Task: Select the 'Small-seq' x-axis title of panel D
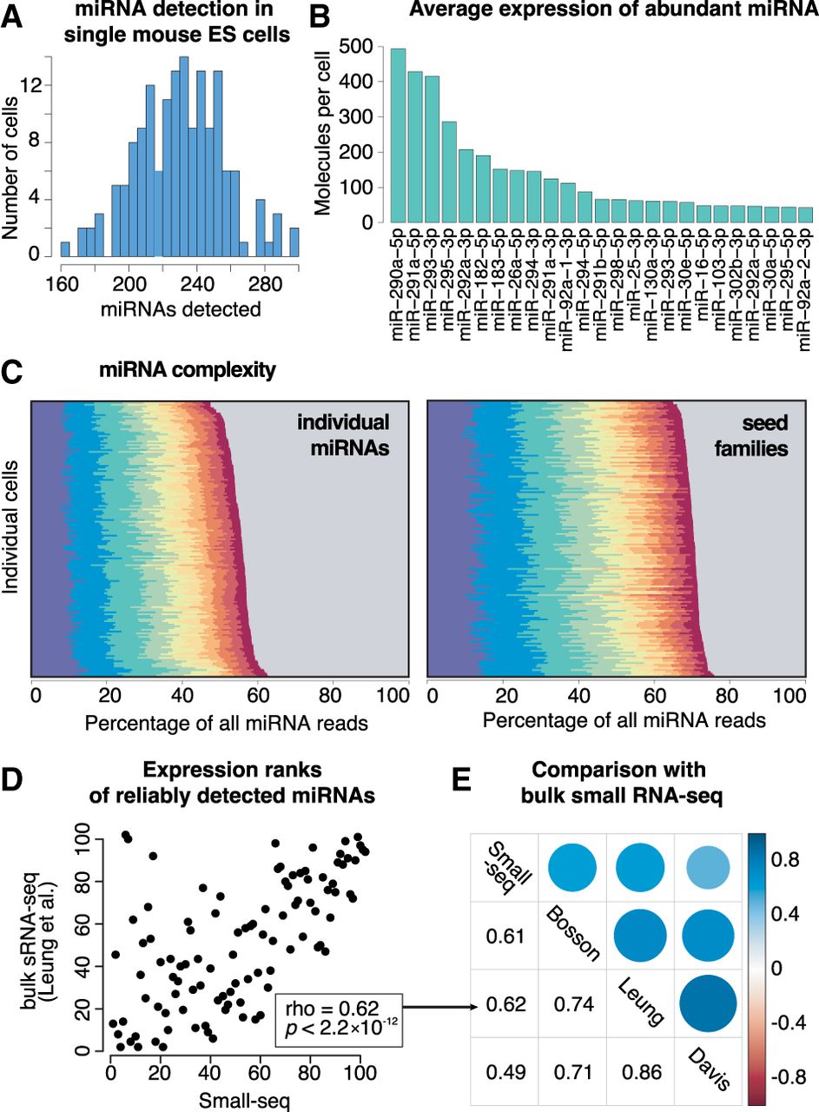[x=234, y=1099]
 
